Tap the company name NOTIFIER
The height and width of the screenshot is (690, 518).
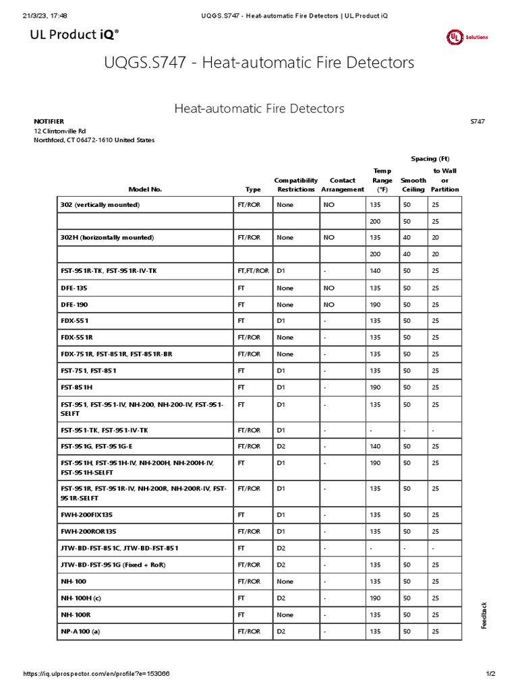(49, 121)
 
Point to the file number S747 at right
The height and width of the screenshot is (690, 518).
(477, 121)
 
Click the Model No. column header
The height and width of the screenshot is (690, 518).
(145, 189)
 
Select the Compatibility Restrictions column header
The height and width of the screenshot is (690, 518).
(295, 185)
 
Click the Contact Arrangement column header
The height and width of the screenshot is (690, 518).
(343, 185)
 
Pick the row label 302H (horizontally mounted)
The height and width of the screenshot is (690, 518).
(107, 238)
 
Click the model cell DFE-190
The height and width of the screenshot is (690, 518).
(74, 305)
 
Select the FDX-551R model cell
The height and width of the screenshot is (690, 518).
(76, 338)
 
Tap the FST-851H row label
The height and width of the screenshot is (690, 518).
(76, 387)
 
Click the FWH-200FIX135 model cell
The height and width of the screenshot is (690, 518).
(86, 515)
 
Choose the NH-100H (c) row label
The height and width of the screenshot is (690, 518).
(81, 598)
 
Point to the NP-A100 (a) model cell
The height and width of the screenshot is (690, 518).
(81, 631)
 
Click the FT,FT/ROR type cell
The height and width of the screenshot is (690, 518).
(253, 271)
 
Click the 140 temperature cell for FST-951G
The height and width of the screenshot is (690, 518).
(376, 446)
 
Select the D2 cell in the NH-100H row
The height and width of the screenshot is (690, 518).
(282, 598)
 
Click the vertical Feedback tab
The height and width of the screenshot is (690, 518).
(484, 615)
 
